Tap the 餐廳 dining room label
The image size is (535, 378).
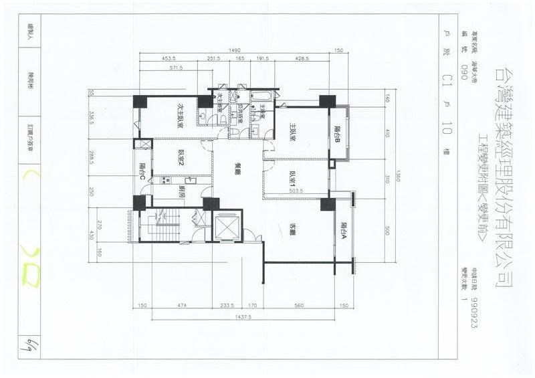[237, 169]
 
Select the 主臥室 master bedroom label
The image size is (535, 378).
[293, 131]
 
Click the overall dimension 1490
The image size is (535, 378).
[234, 50]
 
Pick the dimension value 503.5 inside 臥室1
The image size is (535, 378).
[296, 191]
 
